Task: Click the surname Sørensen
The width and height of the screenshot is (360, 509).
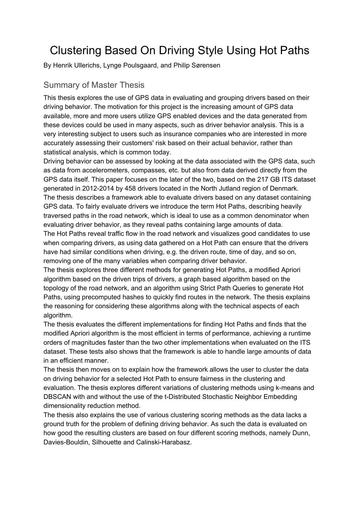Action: coord(206,65)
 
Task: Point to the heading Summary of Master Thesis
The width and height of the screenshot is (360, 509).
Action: coord(94,85)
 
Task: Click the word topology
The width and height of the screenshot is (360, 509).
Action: coord(57,288)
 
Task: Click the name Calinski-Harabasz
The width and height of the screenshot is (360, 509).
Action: coord(163,442)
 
